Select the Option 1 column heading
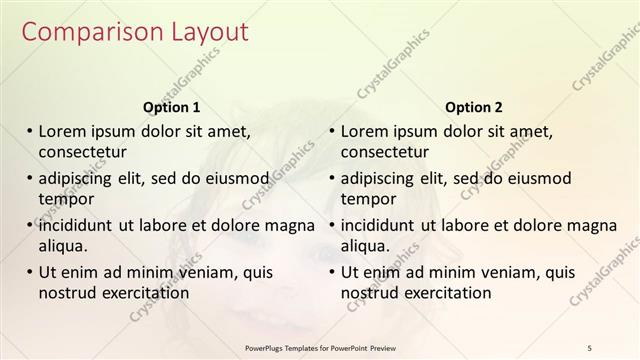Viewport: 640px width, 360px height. click(172, 107)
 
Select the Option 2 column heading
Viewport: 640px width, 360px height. click(474, 107)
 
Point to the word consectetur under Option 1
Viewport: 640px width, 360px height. click(82, 152)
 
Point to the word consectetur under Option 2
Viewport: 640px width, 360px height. click(385, 152)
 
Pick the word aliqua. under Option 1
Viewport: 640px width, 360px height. click(65, 246)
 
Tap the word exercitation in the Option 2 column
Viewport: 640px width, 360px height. click(445, 293)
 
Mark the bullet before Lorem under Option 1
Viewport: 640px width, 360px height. click(30, 131)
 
